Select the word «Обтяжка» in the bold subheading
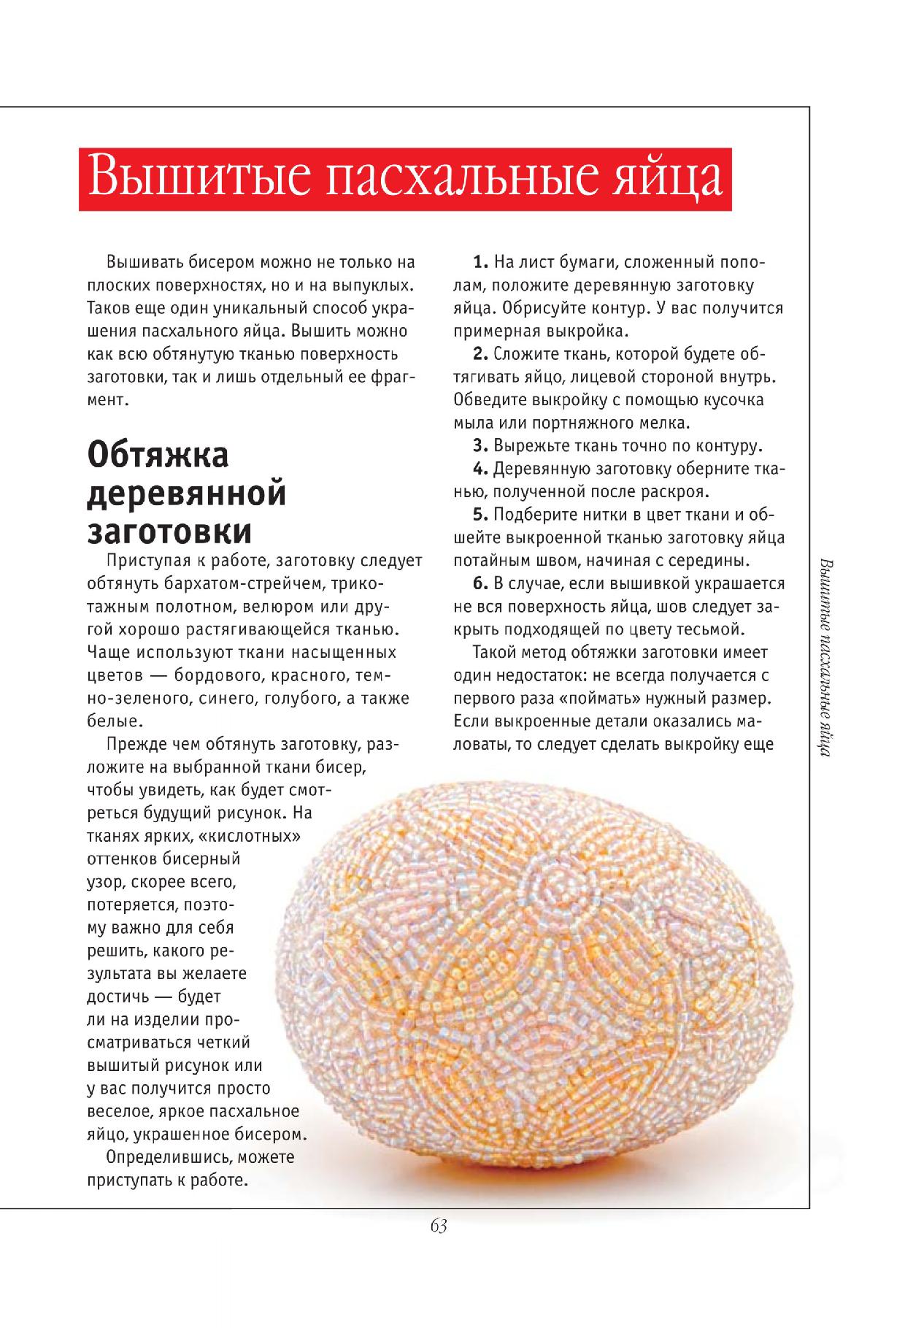(158, 456)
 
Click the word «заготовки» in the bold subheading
(169, 531)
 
